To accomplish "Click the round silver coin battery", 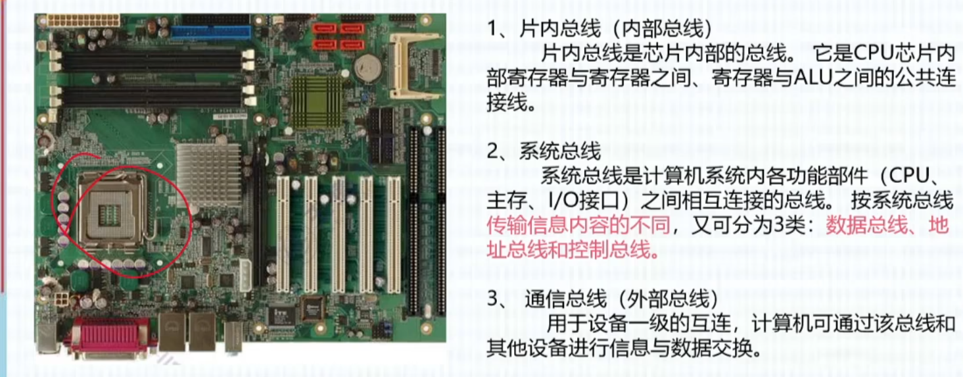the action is point(368,68).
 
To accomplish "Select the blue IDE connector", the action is point(211,32).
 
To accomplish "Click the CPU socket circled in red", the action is point(112,211).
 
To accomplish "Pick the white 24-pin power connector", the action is point(83,20).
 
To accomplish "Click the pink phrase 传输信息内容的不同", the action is point(578,225).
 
